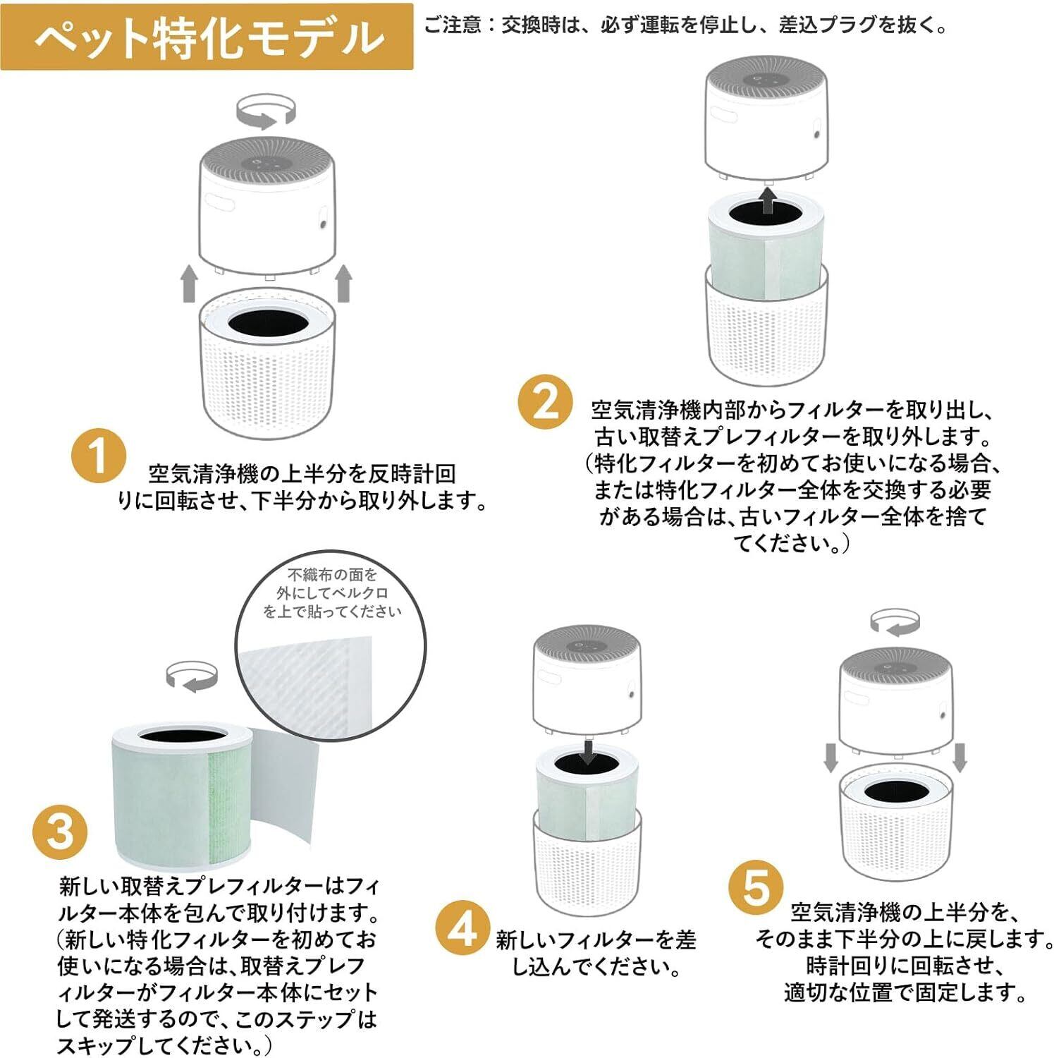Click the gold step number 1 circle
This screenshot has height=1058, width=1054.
(99, 456)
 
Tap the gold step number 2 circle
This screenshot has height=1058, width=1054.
(546, 403)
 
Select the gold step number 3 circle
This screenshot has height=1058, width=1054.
(61, 830)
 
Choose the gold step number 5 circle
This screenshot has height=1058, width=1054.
(755, 887)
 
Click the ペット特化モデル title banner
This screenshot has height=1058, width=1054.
(207, 37)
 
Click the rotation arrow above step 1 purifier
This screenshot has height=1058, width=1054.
(265, 114)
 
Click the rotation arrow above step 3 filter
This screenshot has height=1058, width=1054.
(192, 676)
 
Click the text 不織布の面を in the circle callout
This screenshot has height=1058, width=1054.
(332, 576)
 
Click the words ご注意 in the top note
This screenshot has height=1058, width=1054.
(452, 25)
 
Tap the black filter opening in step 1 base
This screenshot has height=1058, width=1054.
(267, 322)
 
